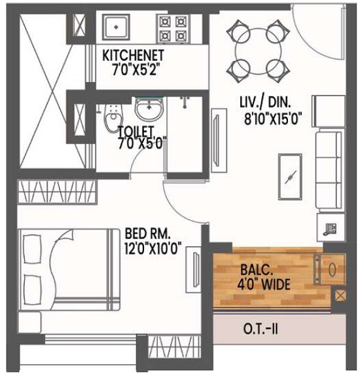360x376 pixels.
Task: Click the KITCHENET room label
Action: point(134,54)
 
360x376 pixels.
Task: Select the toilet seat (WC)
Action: point(114,118)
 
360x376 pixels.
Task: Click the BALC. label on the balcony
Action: point(253,269)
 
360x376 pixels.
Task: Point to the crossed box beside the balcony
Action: point(340,295)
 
